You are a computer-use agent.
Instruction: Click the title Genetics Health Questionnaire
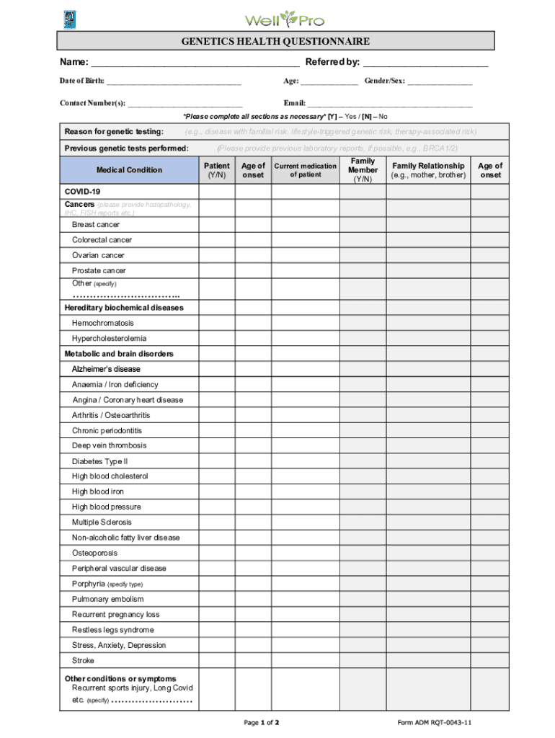click(x=276, y=42)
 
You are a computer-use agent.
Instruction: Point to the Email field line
click(x=390, y=105)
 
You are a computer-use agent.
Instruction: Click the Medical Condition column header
click(x=129, y=170)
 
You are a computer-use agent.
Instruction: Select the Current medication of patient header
click(x=305, y=170)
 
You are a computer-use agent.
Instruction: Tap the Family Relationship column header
click(x=428, y=170)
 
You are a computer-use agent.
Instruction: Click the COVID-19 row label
click(x=83, y=192)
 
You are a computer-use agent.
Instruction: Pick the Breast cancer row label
click(x=96, y=225)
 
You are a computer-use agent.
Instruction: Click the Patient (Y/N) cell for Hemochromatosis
click(x=217, y=323)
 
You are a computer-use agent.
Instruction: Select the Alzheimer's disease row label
click(x=106, y=369)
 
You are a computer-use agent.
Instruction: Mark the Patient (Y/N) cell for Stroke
click(x=217, y=660)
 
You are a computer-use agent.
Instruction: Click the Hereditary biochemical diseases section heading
click(x=124, y=308)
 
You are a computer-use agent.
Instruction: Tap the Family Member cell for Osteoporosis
click(x=363, y=553)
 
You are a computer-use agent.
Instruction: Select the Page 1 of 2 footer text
click(x=262, y=722)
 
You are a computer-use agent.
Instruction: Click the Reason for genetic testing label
click(x=113, y=132)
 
